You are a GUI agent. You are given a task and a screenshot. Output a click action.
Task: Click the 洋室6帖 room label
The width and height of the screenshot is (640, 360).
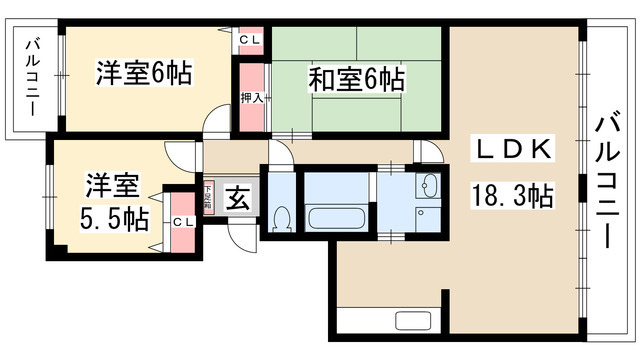[144, 73]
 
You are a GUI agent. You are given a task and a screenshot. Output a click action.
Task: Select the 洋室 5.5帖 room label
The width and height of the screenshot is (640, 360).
[110, 201]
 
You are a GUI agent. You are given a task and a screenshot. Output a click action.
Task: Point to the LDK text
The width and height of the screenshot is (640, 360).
[511, 150]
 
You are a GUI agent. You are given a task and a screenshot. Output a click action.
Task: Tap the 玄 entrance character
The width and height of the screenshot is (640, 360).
[238, 197]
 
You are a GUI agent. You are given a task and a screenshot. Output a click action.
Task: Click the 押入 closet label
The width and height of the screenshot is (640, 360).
[252, 98]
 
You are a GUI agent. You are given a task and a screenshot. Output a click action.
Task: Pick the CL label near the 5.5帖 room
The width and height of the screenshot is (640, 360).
[182, 222]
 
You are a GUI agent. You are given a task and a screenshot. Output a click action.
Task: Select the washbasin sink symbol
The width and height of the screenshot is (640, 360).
[429, 186]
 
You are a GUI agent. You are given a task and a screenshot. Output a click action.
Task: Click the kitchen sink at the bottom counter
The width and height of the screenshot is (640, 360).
[414, 320]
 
